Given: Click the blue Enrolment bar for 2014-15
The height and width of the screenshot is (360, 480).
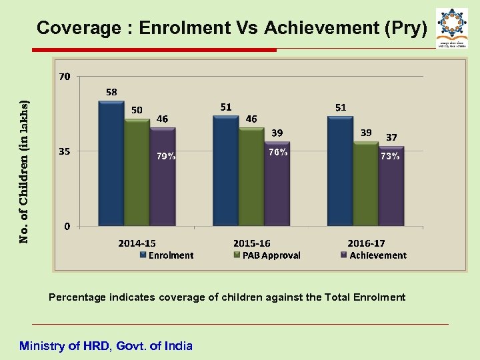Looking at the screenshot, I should (x=111, y=163).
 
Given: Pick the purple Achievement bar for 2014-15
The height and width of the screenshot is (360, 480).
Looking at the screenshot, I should (x=162, y=177).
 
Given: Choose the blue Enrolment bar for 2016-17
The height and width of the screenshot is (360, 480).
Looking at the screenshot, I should (x=340, y=170).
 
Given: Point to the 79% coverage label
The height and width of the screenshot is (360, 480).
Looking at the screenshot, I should (x=166, y=157).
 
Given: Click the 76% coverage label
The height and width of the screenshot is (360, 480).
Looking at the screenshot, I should (x=278, y=152).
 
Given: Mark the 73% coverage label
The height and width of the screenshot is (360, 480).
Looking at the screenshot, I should (x=390, y=157).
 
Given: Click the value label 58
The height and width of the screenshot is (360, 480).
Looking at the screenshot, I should (x=111, y=91).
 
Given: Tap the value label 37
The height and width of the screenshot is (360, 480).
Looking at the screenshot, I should (x=391, y=137).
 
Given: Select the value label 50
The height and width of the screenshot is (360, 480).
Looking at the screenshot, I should (x=136, y=109).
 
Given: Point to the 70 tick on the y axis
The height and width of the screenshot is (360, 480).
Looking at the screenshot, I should (x=64, y=77).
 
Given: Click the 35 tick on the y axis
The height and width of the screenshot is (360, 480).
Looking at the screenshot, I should (x=65, y=151).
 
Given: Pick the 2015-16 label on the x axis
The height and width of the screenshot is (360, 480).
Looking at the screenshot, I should (x=252, y=243).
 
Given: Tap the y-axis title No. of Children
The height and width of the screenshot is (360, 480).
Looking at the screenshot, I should (x=24, y=172).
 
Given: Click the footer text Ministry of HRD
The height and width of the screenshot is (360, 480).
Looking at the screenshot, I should (x=106, y=345).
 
